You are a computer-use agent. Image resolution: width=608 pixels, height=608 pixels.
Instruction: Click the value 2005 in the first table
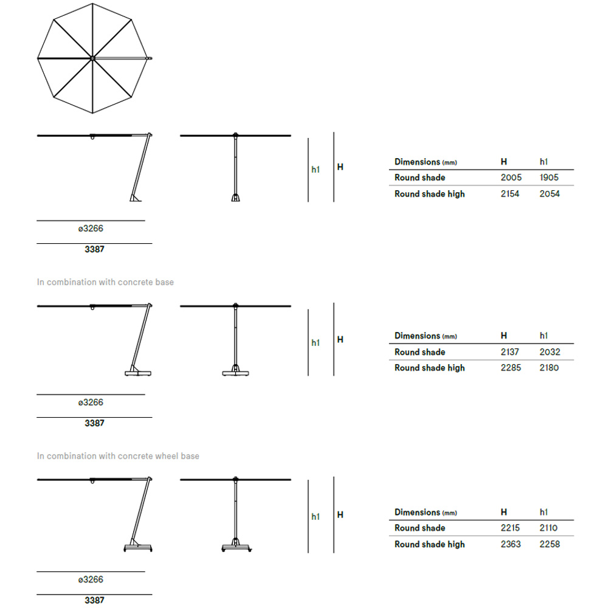click(x=511, y=178)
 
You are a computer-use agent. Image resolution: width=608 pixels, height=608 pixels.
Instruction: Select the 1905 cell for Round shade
click(x=548, y=178)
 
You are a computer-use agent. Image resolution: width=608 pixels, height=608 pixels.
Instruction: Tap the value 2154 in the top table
click(x=510, y=194)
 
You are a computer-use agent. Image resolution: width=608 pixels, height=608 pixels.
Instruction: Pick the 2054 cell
click(x=550, y=194)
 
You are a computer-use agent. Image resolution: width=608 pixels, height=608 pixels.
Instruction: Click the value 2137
click(x=510, y=352)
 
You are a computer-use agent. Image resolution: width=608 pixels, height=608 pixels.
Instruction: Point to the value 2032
click(x=550, y=352)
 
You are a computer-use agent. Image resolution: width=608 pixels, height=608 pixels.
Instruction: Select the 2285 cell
click(x=511, y=368)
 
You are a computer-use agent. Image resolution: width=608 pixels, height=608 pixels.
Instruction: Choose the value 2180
click(x=549, y=368)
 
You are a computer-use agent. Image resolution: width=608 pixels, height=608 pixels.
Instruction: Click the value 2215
click(x=510, y=528)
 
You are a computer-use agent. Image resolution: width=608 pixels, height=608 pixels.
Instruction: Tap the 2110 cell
click(x=548, y=528)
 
